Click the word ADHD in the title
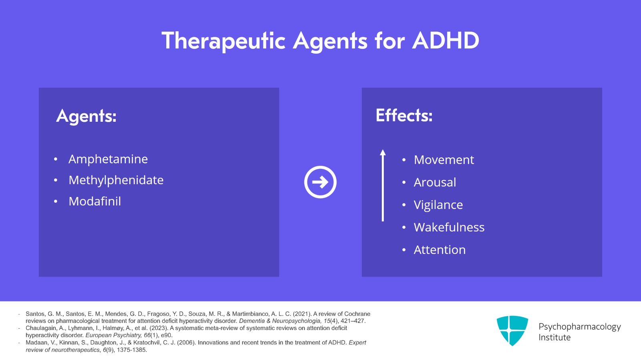click(x=445, y=41)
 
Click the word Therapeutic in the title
click(x=223, y=41)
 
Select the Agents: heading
click(x=86, y=116)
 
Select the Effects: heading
click(x=404, y=115)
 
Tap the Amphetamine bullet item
click(x=108, y=159)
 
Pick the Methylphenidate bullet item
click(x=116, y=180)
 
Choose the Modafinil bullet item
click(x=95, y=201)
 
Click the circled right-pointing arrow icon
click(x=320, y=182)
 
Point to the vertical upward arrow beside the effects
click(x=383, y=185)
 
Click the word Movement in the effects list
click(x=443, y=160)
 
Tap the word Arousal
click(x=435, y=182)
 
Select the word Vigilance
click(x=438, y=205)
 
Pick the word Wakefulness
click(x=449, y=227)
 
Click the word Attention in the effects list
click(x=439, y=249)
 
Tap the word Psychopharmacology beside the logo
click(x=579, y=326)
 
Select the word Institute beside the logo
click(x=554, y=337)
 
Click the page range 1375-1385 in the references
click(x=132, y=350)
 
